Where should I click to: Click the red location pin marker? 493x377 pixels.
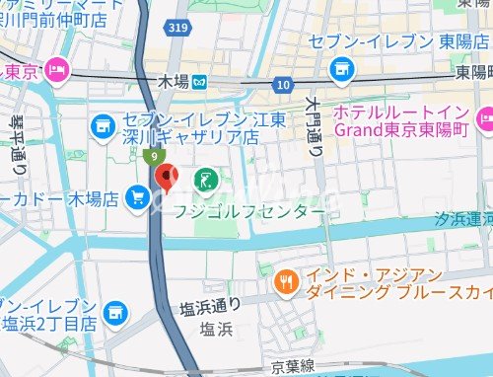pyautogui.click(x=167, y=177)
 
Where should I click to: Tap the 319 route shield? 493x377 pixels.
pyautogui.click(x=178, y=29)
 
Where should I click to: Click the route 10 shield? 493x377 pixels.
pyautogui.click(x=284, y=86)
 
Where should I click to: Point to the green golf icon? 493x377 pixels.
pyautogui.click(x=206, y=180)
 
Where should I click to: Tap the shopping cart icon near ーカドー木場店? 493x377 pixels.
pyautogui.click(x=137, y=200)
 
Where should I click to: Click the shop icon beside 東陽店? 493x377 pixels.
pyautogui.click(x=342, y=67)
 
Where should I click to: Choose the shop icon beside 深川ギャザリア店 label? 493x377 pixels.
pyautogui.click(x=102, y=125)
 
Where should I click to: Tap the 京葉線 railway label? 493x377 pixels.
pyautogui.click(x=294, y=366)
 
